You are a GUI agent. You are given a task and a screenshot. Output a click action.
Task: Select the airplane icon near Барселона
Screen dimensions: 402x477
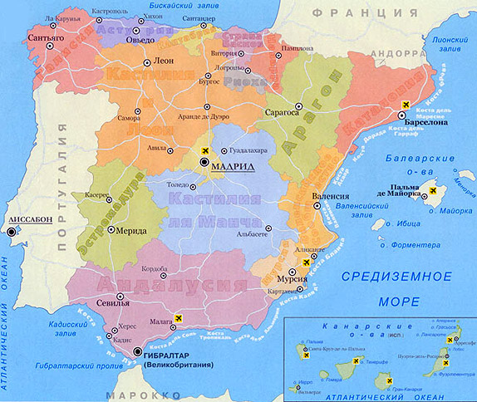tap(406, 103)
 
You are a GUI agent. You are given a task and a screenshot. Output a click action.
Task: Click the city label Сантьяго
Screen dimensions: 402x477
tap(46, 37)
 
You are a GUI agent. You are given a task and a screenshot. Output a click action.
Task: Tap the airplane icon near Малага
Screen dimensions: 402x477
tap(180, 318)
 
